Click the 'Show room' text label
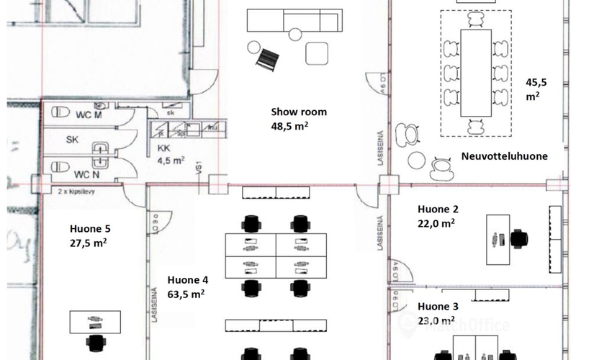[x=299, y=112]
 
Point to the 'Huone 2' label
[x=438, y=210]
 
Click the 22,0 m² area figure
[x=436, y=223]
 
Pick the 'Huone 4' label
[x=187, y=280]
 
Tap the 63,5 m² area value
[x=185, y=294]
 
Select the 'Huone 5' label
[x=90, y=229]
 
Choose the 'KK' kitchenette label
[x=163, y=148]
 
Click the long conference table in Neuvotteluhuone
[x=475, y=72]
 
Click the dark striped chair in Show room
[x=269, y=57]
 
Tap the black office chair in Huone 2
[x=518, y=238]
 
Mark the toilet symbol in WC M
[x=60, y=112]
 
